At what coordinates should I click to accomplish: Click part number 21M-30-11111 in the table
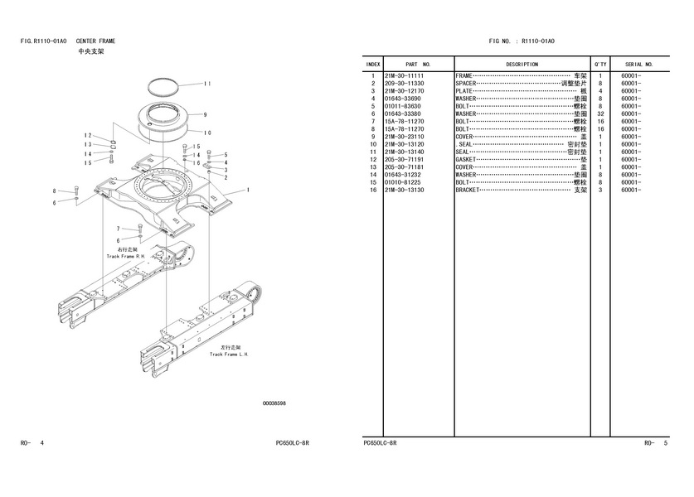tap(404, 75)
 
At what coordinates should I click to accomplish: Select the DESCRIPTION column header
tap(522, 64)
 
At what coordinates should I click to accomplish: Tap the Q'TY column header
tap(599, 64)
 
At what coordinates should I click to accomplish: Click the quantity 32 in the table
tap(599, 113)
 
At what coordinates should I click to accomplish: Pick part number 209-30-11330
tap(404, 83)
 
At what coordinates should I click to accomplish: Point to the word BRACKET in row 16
tap(467, 190)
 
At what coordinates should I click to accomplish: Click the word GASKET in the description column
tap(465, 159)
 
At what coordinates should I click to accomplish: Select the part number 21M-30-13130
tap(404, 190)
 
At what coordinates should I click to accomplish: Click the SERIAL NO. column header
tap(639, 64)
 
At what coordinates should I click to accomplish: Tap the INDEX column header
tap(373, 64)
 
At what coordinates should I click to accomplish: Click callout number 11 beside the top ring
tap(207, 84)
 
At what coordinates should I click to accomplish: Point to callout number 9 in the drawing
tap(204, 114)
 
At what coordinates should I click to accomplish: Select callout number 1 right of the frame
tap(248, 190)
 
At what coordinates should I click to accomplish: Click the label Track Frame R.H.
tap(125, 256)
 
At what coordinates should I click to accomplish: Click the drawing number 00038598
tap(274, 403)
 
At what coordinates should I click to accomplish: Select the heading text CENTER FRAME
tap(96, 41)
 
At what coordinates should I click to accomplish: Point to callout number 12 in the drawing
tap(87, 135)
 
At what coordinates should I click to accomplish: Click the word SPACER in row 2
tap(465, 83)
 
